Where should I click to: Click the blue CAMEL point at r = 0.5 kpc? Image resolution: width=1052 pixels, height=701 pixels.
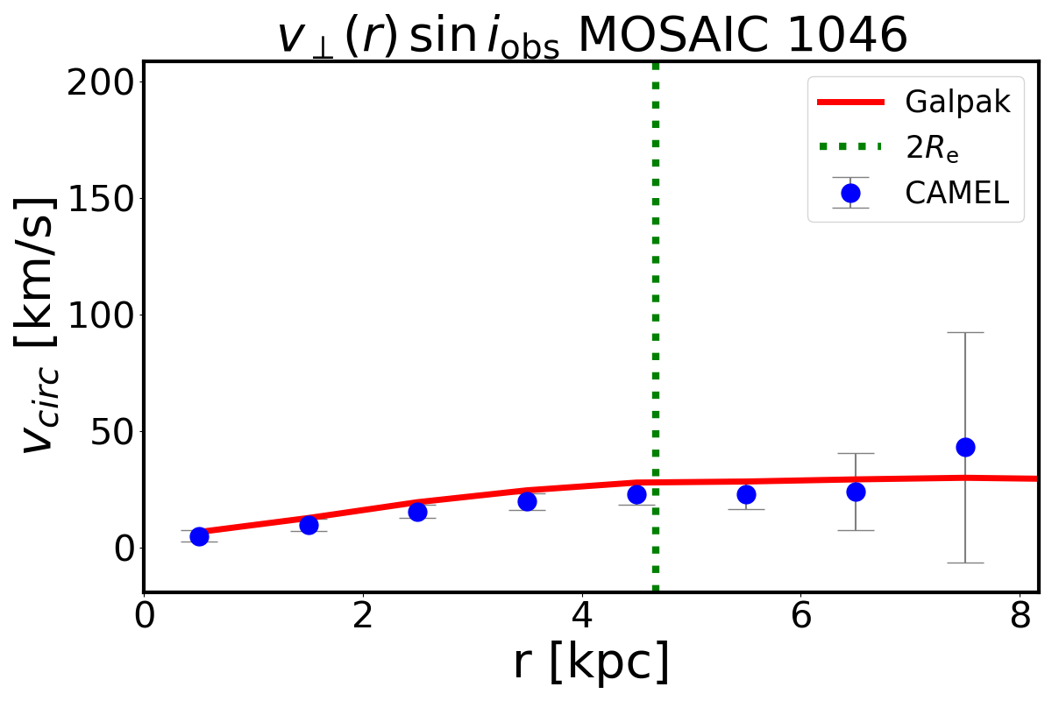click(x=199, y=536)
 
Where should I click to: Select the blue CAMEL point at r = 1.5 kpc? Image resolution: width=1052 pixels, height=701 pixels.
click(x=309, y=525)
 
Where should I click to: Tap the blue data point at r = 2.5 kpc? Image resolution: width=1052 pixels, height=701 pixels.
click(x=417, y=512)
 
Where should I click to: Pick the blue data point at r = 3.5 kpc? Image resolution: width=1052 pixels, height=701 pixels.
click(x=527, y=501)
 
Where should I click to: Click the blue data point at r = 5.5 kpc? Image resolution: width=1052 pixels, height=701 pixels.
click(x=746, y=494)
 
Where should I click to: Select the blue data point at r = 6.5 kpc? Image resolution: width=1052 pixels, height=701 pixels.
click(x=856, y=492)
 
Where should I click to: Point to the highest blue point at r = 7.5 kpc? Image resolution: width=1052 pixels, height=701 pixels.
click(x=965, y=447)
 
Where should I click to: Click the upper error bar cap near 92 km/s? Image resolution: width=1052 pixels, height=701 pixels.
click(x=965, y=333)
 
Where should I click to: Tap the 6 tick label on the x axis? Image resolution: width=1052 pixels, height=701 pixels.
click(x=800, y=615)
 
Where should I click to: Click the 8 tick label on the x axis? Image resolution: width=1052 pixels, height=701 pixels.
click(x=1020, y=615)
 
